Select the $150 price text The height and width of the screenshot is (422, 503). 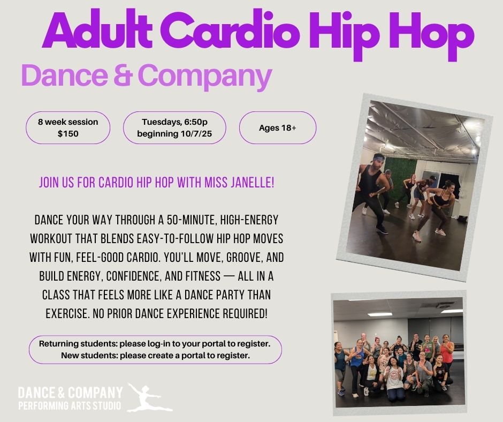point(68,133)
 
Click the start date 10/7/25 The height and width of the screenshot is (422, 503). point(196,133)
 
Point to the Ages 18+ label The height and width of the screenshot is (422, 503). point(278,128)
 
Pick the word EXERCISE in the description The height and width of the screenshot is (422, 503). point(66,314)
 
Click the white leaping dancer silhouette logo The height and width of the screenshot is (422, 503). point(149,397)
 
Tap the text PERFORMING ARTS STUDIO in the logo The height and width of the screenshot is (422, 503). point(70,405)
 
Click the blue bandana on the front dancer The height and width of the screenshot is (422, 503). point(379,158)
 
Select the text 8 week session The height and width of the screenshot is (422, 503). point(68,122)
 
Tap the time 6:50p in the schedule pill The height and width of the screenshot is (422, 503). point(196,122)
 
